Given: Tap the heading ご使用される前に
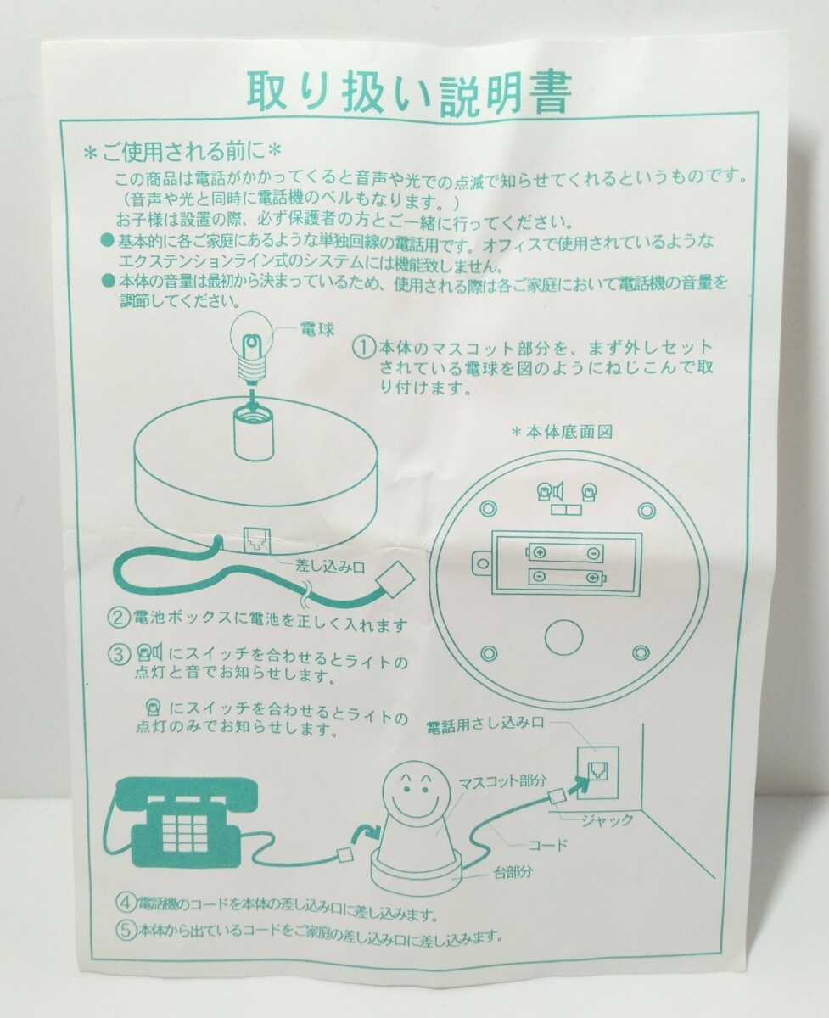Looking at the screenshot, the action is click(x=182, y=152).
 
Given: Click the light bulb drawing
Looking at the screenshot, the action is click(x=252, y=349).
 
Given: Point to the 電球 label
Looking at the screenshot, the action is click(x=317, y=329).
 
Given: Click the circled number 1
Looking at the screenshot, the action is click(x=363, y=348).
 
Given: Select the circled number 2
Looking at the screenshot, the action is click(x=119, y=618).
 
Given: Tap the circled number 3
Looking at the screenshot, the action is click(x=120, y=654).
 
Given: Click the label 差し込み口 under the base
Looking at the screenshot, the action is click(x=330, y=568).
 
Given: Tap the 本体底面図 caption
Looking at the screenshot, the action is click(x=563, y=432).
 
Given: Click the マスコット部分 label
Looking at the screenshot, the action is click(x=501, y=781).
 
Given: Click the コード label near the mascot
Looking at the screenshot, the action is click(x=548, y=845).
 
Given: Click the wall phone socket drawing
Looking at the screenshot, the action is click(x=598, y=773).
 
